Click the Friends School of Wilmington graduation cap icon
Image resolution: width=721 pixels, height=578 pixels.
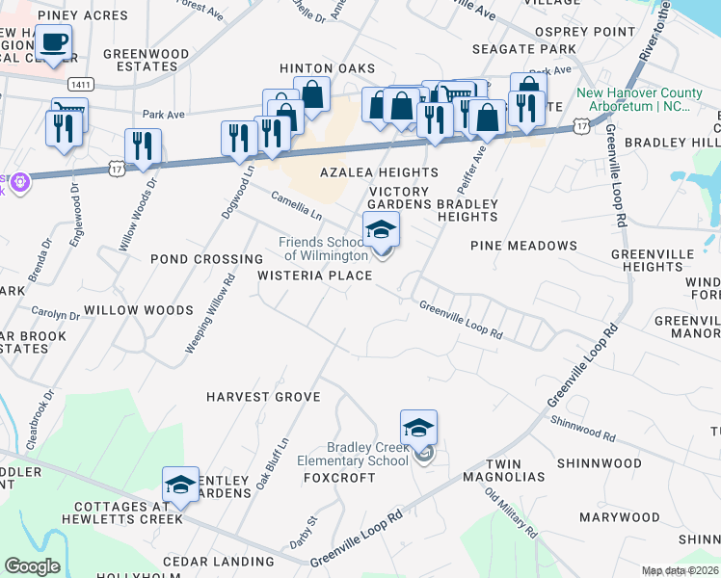381,229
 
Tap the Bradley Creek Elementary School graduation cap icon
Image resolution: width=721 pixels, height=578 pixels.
418,427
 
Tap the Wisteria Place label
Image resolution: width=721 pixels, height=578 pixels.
314,276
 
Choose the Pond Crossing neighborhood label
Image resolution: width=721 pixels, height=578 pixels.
206,259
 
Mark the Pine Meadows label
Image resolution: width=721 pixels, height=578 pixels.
523,246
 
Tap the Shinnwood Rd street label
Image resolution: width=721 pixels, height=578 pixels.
582,428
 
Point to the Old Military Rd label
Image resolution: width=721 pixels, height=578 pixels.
512,513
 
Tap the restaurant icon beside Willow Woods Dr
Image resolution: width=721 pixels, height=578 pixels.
143,146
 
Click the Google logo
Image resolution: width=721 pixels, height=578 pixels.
32,566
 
